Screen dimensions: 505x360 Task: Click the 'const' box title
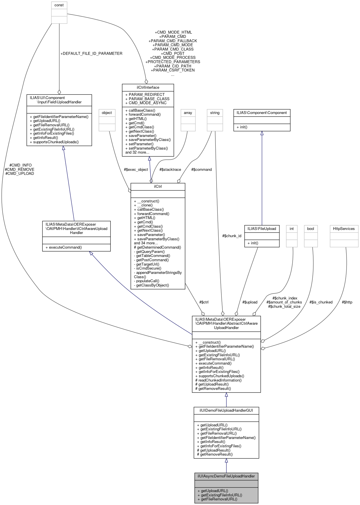[59, 5]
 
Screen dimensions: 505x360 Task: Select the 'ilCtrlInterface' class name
[148, 87]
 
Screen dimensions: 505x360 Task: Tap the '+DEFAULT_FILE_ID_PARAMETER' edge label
[91, 53]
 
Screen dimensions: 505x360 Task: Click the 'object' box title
[107, 113]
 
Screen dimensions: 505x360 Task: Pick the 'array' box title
[188, 113]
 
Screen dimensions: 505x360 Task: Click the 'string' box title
[215, 113]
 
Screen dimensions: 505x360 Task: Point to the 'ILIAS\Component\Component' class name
[262, 113]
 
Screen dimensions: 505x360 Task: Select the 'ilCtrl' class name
[158, 186]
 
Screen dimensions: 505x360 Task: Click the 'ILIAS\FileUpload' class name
[262, 229]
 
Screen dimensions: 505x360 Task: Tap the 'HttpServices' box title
[344, 229]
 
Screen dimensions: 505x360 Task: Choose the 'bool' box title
[311, 229]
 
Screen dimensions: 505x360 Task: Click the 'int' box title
[292, 229]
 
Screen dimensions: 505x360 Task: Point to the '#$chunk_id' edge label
[232, 236]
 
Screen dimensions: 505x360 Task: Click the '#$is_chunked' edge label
[321, 302]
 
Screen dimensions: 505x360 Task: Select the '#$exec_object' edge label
[136, 169]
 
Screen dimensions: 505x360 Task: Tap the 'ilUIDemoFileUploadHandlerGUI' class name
[226, 410]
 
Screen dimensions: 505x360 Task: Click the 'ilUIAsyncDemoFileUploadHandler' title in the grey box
[226, 476]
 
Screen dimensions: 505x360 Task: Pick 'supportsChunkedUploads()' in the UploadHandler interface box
[56, 142]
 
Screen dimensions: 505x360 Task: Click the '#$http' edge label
[347, 302]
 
